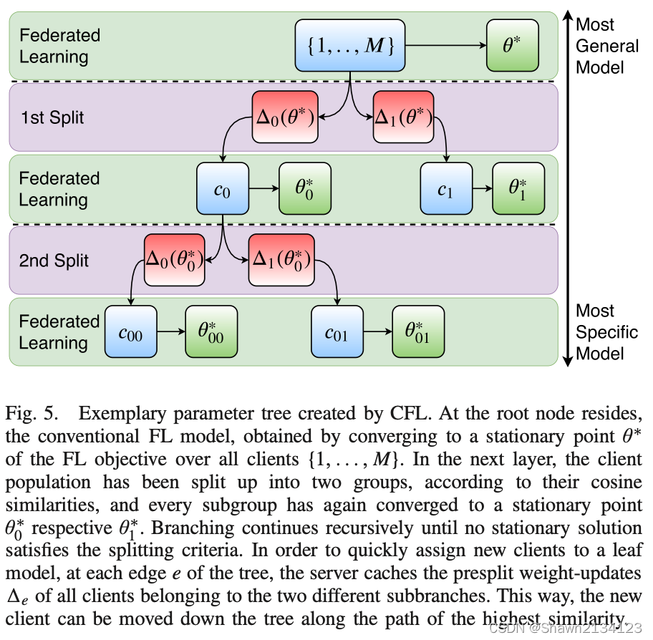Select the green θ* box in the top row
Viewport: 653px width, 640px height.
click(513, 45)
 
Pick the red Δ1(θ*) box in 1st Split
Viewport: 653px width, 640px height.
click(403, 117)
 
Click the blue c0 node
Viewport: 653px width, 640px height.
click(223, 189)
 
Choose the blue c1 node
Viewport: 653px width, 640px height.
click(446, 189)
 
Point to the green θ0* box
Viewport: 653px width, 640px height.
click(305, 189)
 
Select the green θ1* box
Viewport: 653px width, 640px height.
click(518, 189)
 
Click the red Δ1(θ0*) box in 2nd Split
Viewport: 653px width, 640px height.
click(281, 260)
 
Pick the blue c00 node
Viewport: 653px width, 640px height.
click(130, 332)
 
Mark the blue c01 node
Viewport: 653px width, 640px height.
click(337, 332)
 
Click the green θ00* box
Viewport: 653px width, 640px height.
click(211, 332)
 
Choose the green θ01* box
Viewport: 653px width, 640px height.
click(418, 332)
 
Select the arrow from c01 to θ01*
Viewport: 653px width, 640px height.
click(377, 332)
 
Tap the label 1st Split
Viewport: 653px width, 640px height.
click(52, 117)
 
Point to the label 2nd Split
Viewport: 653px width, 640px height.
click(54, 260)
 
